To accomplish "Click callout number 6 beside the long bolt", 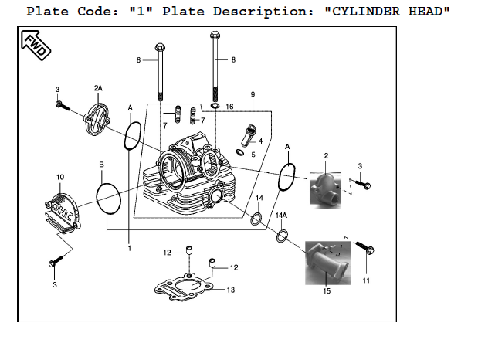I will tap(139, 59).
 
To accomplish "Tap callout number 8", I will tap(233, 59).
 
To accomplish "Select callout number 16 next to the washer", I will tap(229, 107).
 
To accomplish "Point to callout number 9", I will tap(253, 94).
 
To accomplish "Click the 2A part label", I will tap(98, 87).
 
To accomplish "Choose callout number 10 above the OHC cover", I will tap(60, 178).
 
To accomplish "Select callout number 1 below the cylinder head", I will tap(130, 248).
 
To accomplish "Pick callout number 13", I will tap(230, 290).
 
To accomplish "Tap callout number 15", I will tap(327, 292).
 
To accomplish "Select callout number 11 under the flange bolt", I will tap(365, 280).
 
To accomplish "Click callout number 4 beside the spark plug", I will tap(261, 141).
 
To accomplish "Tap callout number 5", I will tap(253, 155).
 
